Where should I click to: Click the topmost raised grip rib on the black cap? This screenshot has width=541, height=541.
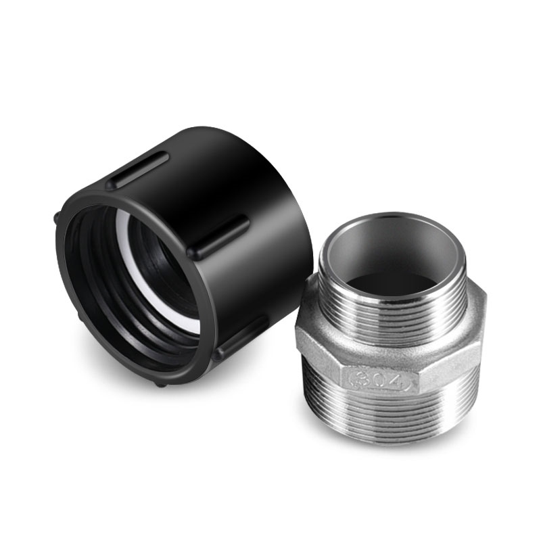[139, 170]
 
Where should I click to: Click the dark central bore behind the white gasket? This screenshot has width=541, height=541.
[169, 264]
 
